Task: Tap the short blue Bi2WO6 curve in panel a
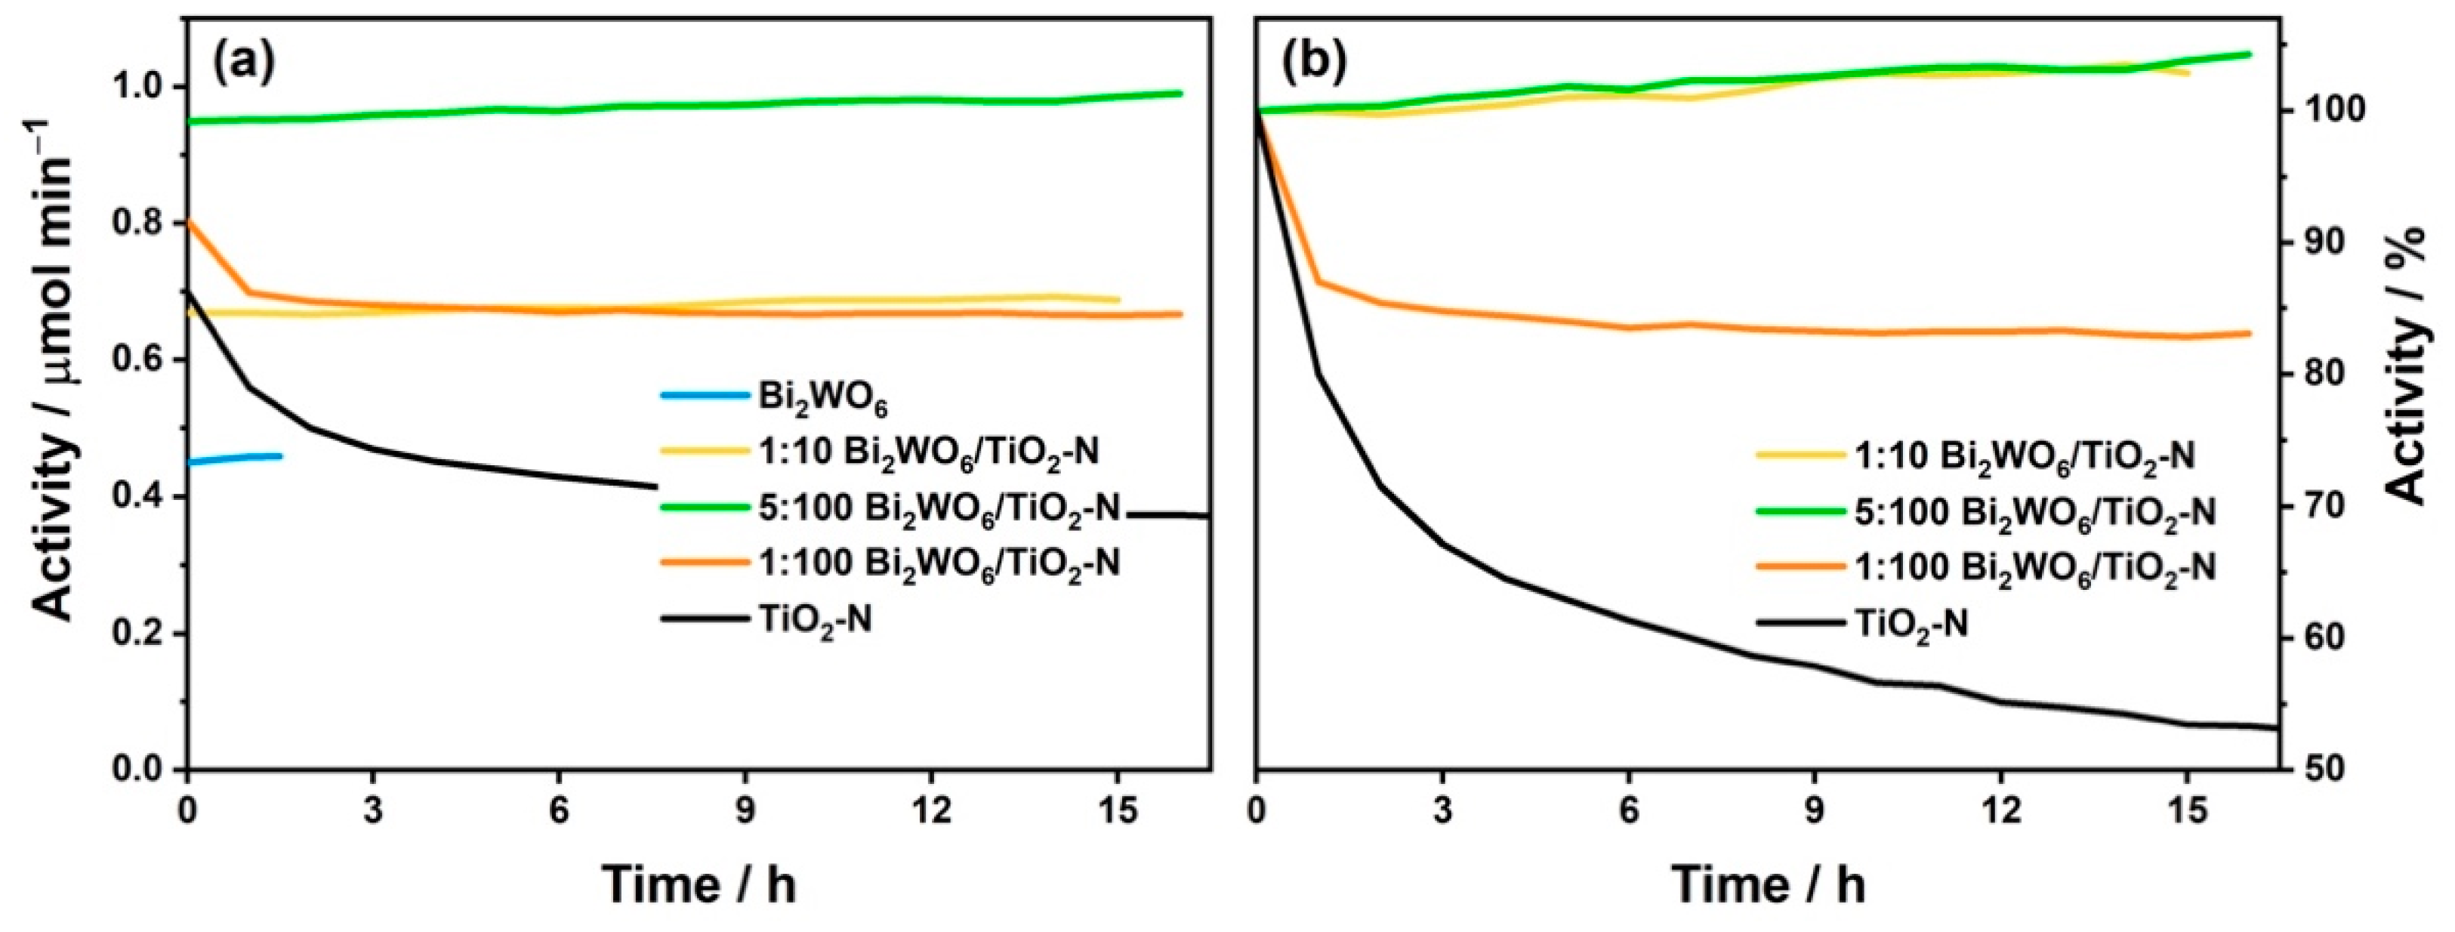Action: pos(239,458)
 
